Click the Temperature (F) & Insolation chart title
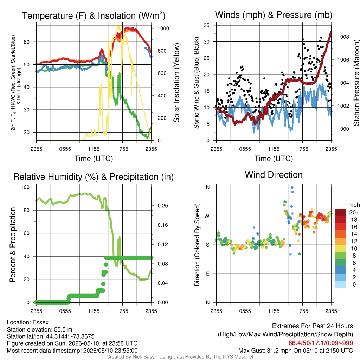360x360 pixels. [94, 15]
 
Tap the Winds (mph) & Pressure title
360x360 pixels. [274, 15]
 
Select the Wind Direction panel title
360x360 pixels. [274, 175]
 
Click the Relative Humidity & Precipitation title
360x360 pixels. [94, 177]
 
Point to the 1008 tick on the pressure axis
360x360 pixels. [343, 37]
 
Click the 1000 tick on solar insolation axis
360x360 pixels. [163, 28]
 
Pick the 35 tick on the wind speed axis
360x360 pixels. [207, 25]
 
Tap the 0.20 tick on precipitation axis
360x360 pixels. [163, 206]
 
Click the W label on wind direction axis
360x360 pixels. [207, 216]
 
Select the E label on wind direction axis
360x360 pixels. [207, 274]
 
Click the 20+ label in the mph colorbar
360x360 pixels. [354, 212]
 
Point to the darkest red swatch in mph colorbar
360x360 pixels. [340, 212]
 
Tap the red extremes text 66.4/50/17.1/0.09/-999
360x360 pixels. [321, 343]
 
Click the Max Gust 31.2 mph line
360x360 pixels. [295, 351]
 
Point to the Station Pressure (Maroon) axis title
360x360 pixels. [356, 83]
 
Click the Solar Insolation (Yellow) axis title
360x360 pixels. [176, 83]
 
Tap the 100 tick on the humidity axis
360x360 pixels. [25, 187]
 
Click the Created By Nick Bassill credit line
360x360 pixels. [180, 357]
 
